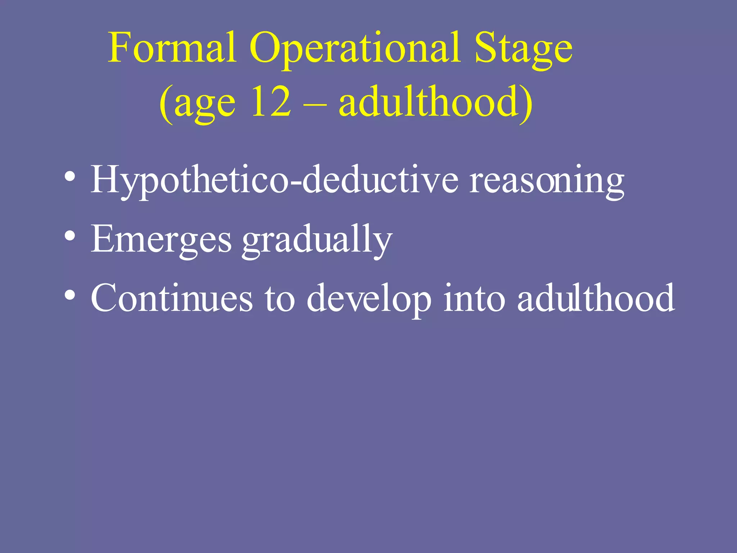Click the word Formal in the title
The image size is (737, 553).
pos(172,48)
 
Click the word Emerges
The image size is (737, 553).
pos(161,240)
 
